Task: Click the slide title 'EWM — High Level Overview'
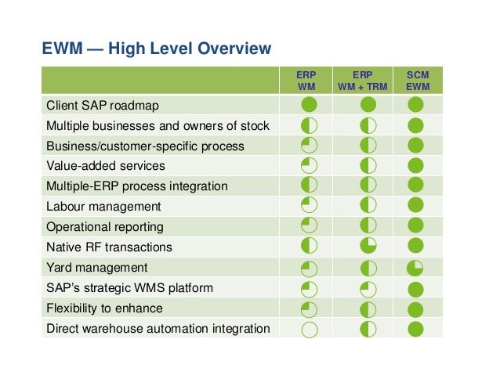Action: (156, 49)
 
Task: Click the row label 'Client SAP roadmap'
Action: (98, 105)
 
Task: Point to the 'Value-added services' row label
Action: (106, 166)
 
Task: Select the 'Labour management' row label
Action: (103, 207)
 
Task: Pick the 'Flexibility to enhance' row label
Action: (104, 308)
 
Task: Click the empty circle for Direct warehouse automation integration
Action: (310, 329)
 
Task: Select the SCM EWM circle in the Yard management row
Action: (415, 268)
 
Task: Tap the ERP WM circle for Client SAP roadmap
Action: (310, 105)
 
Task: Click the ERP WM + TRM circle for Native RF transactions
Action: (368, 247)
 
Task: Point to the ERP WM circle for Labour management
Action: (310, 207)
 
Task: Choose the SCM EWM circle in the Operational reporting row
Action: (415, 227)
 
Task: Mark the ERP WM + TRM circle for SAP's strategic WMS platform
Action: (368, 288)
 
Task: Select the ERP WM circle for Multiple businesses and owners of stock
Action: (310, 125)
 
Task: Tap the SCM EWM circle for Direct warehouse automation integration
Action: (415, 329)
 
